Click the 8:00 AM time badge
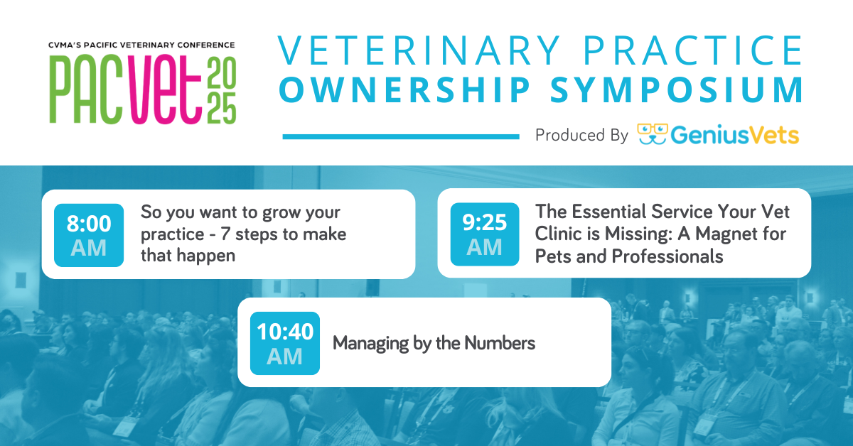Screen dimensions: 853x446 click(89, 235)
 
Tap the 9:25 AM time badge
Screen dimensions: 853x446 click(485, 234)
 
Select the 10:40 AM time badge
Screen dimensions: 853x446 click(285, 343)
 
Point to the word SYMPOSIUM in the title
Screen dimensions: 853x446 click(677, 89)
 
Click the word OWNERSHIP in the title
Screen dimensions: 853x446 click(405, 89)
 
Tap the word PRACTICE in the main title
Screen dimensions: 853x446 click(693, 50)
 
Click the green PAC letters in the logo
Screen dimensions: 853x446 click(86, 89)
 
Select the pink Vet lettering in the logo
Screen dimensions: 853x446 click(164, 89)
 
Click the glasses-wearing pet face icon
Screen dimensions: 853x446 click(653, 134)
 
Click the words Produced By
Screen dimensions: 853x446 click(581, 135)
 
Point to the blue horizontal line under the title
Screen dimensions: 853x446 click(401, 136)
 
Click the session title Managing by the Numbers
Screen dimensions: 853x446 click(434, 343)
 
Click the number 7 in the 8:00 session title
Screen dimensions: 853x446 click(225, 234)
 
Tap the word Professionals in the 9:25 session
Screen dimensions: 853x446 click(667, 256)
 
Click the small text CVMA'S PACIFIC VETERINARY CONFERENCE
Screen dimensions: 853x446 click(141, 45)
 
